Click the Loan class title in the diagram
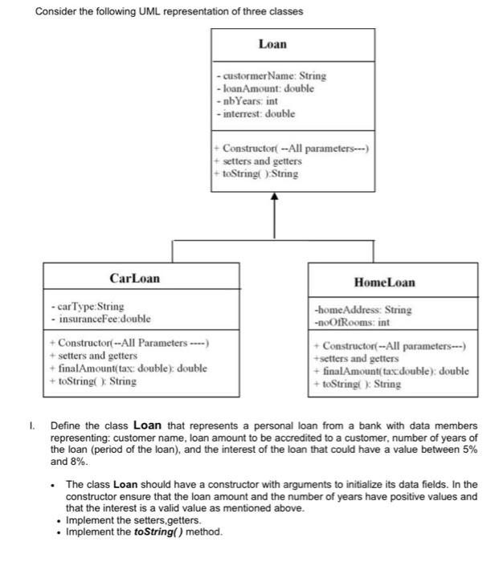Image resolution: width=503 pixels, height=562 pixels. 272,45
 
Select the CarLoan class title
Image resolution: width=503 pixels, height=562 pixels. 134,278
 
